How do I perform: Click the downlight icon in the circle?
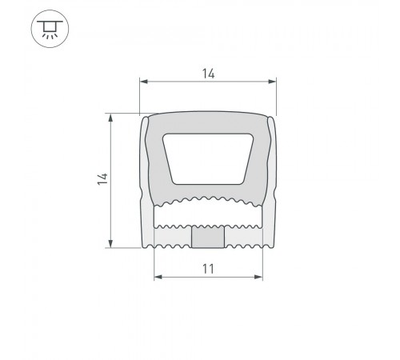coord(50,29)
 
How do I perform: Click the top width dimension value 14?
coord(208,74)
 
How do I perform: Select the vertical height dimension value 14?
coord(102,179)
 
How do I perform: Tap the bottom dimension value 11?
coord(208,269)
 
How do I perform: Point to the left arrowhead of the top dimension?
coord(144,82)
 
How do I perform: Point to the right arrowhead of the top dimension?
coord(272,82)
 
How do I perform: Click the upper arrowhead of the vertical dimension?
coord(110,118)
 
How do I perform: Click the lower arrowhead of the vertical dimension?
coord(110,243)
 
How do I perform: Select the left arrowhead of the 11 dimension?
coord(158,277)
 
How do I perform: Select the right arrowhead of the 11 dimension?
coord(258,277)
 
